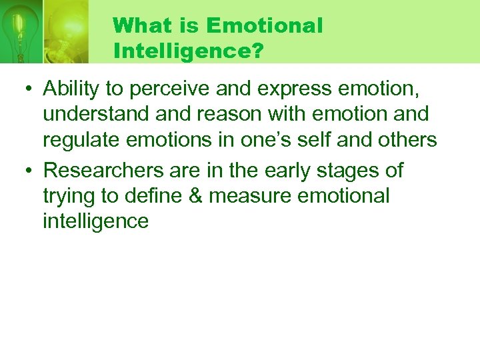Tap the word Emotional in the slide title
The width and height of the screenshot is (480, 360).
click(x=265, y=26)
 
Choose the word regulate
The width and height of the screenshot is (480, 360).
click(x=83, y=140)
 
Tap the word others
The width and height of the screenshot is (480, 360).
click(x=407, y=140)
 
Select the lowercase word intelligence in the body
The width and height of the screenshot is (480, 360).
click(x=95, y=221)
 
